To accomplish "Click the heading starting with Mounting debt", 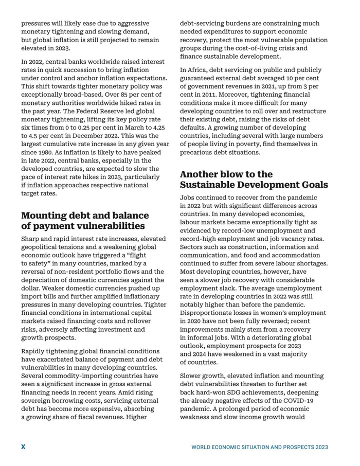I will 85,221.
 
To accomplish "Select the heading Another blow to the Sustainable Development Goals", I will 254,180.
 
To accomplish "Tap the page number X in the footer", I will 23,447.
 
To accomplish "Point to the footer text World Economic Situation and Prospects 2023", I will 260,447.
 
